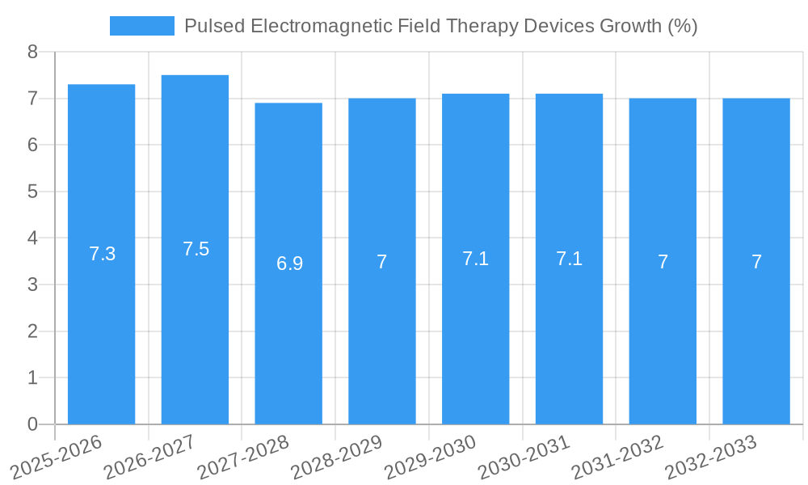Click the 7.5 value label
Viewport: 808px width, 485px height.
coord(196,249)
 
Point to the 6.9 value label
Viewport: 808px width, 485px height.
coord(289,264)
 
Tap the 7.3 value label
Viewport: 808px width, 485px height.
coord(102,254)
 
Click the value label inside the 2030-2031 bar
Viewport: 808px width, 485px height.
coord(569,259)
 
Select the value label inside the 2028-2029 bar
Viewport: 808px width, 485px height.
coord(382,262)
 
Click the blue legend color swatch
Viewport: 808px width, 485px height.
coord(141,26)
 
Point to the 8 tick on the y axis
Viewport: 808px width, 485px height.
coord(32,52)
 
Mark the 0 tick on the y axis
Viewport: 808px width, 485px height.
coord(32,424)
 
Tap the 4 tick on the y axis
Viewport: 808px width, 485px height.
coord(32,238)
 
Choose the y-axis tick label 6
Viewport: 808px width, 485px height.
coord(32,145)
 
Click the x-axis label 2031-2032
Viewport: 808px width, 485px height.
coord(618,458)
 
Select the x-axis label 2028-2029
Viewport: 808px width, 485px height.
coord(337,458)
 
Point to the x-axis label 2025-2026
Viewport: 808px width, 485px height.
coord(57,458)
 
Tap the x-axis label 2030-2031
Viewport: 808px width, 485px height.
coord(524,458)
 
